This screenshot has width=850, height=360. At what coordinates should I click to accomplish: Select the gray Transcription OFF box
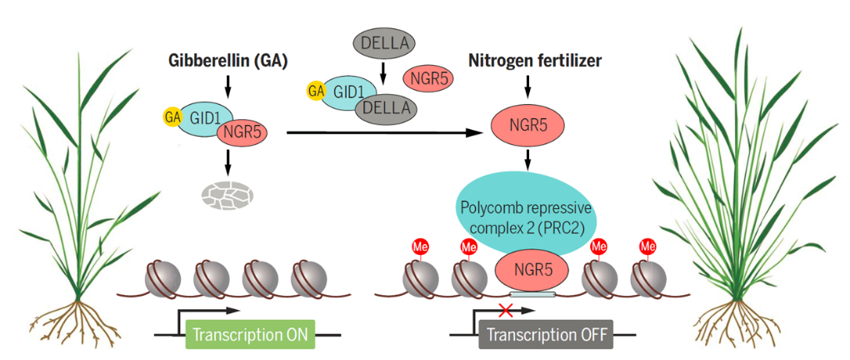click(545, 336)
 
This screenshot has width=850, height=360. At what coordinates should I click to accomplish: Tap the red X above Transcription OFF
click(503, 312)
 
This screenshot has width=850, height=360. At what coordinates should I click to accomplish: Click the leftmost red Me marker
click(419, 247)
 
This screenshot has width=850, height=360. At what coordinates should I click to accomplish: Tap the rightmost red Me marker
click(647, 247)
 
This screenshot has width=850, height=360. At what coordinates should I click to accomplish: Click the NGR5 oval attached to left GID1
click(241, 132)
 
